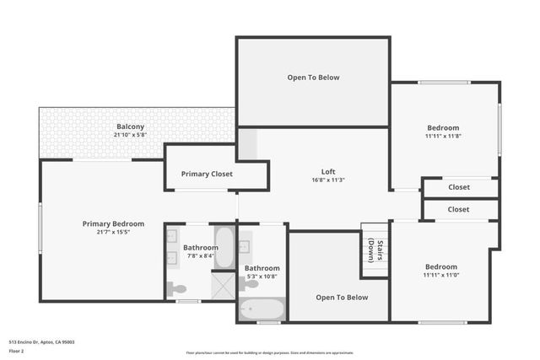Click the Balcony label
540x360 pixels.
[x=130, y=126]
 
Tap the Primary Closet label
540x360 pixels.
[x=207, y=174]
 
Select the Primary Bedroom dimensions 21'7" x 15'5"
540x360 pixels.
[x=113, y=232]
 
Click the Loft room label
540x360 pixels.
[x=328, y=171]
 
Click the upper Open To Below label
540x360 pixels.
[x=313, y=78]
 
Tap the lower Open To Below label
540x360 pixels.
[x=342, y=297]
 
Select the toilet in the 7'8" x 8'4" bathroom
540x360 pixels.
[x=177, y=289]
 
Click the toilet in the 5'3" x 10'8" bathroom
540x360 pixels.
[x=249, y=284]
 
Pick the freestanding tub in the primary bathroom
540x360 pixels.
[x=224, y=247]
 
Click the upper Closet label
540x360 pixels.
[x=459, y=188]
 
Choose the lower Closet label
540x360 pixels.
[x=459, y=209]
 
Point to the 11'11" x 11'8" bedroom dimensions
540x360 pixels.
[x=442, y=136]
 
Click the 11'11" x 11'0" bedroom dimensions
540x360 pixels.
[x=441, y=275]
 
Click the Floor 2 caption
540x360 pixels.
[x=16, y=351]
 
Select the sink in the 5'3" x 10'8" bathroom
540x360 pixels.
[x=245, y=248]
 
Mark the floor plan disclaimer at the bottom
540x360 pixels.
[x=270, y=352]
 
